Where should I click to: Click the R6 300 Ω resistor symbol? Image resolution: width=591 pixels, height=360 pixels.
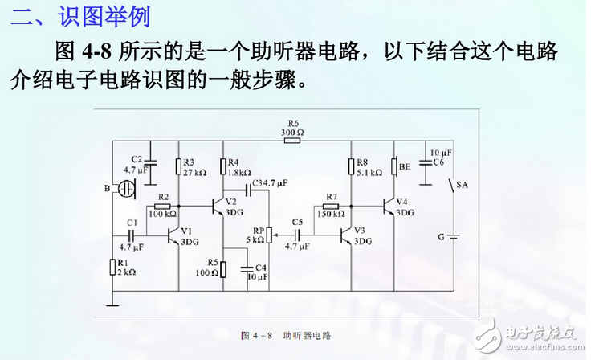click(x=291, y=141)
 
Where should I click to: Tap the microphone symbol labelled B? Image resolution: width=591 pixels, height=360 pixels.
click(x=126, y=189)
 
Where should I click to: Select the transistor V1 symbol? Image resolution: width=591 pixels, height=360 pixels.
click(x=173, y=235)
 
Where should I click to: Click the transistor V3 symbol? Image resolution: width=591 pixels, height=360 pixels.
click(x=346, y=235)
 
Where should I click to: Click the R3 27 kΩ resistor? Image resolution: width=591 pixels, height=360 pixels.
click(x=178, y=166)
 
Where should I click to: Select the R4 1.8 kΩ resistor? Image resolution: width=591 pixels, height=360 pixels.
click(x=224, y=166)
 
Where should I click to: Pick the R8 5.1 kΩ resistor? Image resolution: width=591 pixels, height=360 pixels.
click(x=351, y=166)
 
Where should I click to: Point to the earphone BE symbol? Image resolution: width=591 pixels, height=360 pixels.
click(x=394, y=167)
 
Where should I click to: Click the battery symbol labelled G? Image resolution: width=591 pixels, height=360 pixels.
click(x=452, y=236)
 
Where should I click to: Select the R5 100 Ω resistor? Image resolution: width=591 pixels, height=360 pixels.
click(x=224, y=268)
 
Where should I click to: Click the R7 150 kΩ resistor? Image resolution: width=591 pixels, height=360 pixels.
click(x=330, y=207)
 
